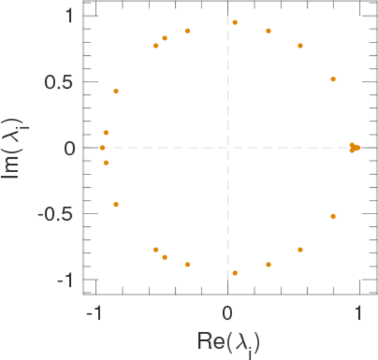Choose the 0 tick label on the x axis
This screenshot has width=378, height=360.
(227, 313)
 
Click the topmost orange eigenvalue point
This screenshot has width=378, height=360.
(235, 22)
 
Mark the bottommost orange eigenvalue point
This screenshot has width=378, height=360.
(235, 273)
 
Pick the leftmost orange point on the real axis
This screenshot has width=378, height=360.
(102, 148)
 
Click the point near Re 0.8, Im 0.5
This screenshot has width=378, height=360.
(333, 79)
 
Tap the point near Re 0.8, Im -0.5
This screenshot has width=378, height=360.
(333, 216)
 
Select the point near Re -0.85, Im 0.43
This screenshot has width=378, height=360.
(116, 91)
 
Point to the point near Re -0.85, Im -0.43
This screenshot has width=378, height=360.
(116, 204)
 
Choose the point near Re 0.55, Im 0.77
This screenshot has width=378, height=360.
(300, 46)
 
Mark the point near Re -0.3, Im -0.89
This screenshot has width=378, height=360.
(188, 264)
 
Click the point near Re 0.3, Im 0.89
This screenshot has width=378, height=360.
(268, 31)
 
